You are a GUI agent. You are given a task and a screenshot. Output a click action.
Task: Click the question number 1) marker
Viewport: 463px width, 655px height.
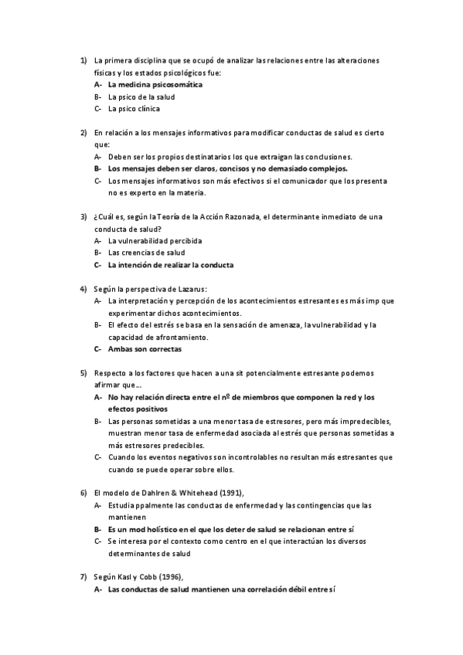[83, 60]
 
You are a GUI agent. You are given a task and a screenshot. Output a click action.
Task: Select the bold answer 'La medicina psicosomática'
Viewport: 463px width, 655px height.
[155, 84]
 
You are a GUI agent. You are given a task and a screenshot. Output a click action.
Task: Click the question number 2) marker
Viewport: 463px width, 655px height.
[83, 132]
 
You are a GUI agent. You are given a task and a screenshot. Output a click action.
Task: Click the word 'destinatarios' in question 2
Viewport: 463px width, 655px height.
[206, 156]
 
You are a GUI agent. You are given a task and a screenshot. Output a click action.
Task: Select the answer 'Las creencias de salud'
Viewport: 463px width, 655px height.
[146, 253]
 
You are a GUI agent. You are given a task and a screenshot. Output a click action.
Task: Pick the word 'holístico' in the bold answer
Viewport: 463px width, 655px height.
[169, 528]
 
